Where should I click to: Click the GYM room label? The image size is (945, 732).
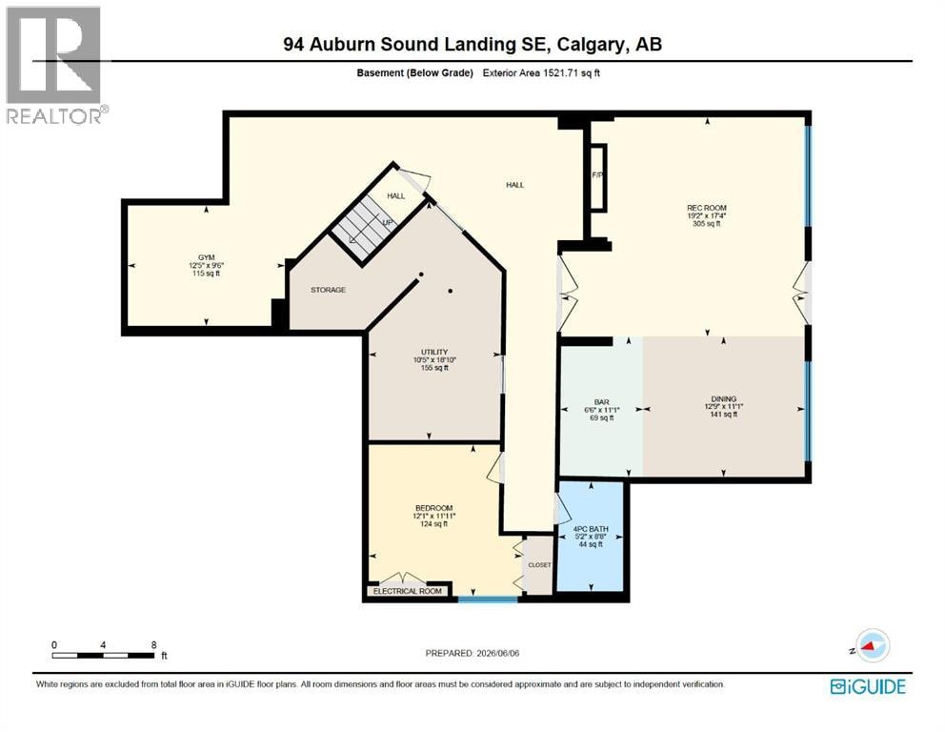click(x=206, y=257)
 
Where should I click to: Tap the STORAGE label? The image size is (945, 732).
click(x=329, y=290)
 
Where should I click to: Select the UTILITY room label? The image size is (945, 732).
click(x=434, y=352)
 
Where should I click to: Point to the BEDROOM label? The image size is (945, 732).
click(x=434, y=508)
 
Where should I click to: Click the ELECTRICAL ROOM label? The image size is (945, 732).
click(x=408, y=591)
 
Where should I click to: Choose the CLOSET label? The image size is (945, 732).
click(x=539, y=565)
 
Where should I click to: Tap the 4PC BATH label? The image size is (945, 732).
click(x=591, y=529)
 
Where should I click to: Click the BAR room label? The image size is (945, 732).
click(x=601, y=402)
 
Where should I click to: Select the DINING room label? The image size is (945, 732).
click(x=724, y=398)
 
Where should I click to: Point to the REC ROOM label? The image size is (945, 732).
click(x=707, y=208)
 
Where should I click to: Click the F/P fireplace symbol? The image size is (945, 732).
click(x=598, y=177)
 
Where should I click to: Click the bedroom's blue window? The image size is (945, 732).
click(x=488, y=600)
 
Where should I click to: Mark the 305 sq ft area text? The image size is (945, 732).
click(x=707, y=224)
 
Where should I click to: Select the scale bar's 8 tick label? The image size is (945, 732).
click(x=154, y=644)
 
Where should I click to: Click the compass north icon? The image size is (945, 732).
click(x=872, y=646)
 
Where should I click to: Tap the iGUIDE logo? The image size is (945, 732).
click(x=868, y=687)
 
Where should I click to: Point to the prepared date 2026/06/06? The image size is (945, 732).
click(x=498, y=653)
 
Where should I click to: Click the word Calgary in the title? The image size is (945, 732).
click(x=592, y=44)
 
